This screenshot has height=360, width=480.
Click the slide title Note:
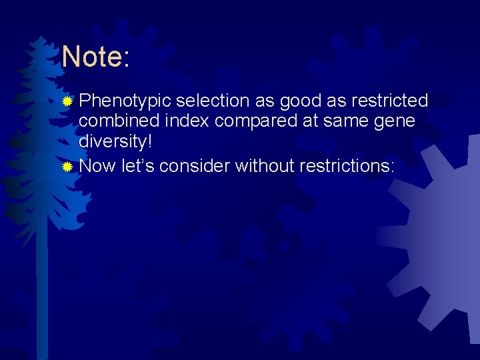click(x=95, y=57)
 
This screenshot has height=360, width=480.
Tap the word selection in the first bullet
click(x=213, y=101)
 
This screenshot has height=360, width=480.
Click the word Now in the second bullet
click(x=97, y=165)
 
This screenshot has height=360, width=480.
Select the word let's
click(x=138, y=165)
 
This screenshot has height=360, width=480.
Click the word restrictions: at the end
click(x=347, y=165)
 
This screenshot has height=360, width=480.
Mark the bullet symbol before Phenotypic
click(x=67, y=102)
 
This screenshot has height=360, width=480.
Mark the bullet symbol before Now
click(x=67, y=166)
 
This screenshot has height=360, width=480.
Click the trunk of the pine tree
click(x=42, y=293)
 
